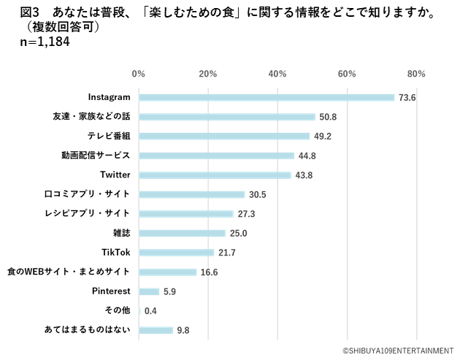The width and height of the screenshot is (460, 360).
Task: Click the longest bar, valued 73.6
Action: (x=267, y=97)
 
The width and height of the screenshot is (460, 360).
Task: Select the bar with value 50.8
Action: (x=227, y=117)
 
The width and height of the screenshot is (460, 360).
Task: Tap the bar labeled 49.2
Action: (x=224, y=136)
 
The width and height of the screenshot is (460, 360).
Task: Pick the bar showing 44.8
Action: (x=217, y=156)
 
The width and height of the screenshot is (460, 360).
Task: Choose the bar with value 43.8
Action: (x=215, y=175)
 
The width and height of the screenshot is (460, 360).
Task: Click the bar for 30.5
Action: (x=192, y=194)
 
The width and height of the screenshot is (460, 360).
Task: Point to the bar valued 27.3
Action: (x=186, y=214)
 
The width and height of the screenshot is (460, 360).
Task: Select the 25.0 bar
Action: (x=182, y=233)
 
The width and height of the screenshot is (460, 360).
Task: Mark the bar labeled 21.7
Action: (x=177, y=253)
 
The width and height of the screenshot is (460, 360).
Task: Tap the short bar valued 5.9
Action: (x=149, y=291)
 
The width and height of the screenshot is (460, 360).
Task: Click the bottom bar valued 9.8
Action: (x=156, y=330)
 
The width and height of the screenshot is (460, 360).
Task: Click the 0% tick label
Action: (x=138, y=74)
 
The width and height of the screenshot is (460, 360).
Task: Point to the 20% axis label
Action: (x=208, y=74)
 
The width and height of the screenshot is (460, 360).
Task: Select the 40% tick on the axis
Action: (x=277, y=74)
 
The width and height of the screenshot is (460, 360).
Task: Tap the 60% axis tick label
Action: (x=347, y=74)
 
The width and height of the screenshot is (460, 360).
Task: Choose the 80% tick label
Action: (x=416, y=74)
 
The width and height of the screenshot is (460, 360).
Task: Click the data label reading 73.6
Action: (x=407, y=97)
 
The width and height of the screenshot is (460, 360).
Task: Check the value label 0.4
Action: (x=150, y=311)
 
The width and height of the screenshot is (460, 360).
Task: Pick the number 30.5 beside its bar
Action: (x=257, y=194)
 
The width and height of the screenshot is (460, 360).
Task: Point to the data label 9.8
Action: (x=183, y=330)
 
